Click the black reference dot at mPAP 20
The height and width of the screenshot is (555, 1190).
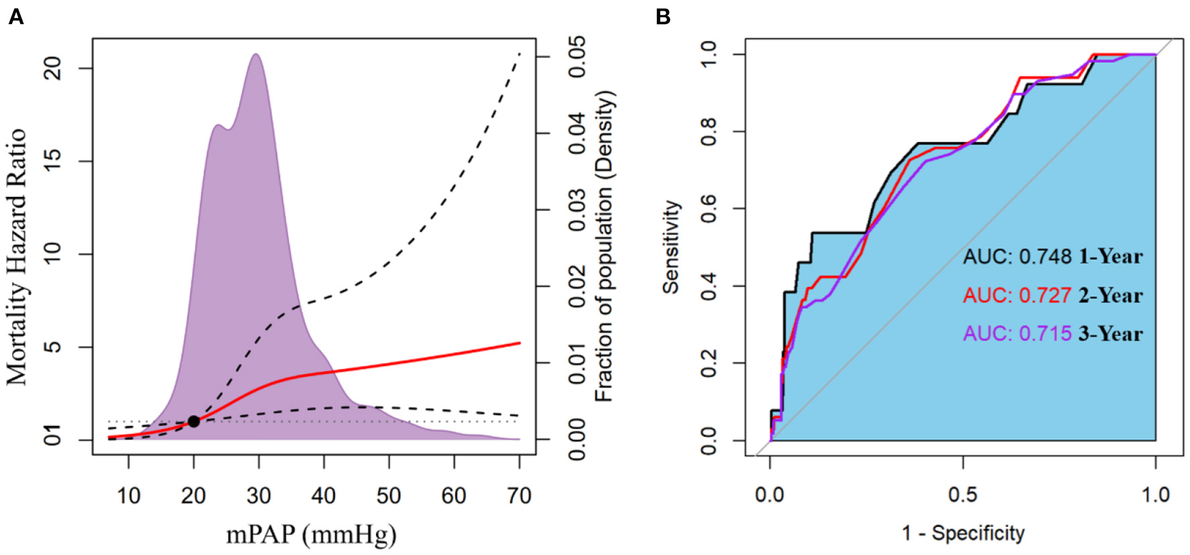coord(193,421)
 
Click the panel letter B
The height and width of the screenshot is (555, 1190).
coord(663,17)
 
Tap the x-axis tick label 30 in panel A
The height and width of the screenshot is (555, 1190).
coord(259,496)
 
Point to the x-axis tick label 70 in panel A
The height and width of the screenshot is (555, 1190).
coord(519,496)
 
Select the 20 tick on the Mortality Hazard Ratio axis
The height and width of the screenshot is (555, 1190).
coord(52,68)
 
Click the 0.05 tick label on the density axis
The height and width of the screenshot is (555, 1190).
coord(576,56)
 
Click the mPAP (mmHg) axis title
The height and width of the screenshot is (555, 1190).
coord(311,535)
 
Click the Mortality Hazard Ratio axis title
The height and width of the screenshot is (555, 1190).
coord(16,257)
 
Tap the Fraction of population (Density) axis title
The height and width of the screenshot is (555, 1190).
coord(604,246)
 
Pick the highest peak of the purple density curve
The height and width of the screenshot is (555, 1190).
coord(256,55)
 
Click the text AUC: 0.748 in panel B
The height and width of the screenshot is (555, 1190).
coord(1017,257)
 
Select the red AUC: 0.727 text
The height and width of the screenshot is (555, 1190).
coord(1017,295)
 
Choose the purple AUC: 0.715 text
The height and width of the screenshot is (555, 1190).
coord(1017,333)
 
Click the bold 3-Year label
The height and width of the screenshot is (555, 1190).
coord(1110,333)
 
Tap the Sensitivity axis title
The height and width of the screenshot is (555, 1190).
coord(671,247)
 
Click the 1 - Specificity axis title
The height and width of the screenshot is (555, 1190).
coord(963,533)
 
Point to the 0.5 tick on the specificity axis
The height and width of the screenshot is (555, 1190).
coord(963,495)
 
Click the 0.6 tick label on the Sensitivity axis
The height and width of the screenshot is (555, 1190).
coord(708,208)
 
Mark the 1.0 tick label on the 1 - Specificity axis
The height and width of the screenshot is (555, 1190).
coord(1155,495)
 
